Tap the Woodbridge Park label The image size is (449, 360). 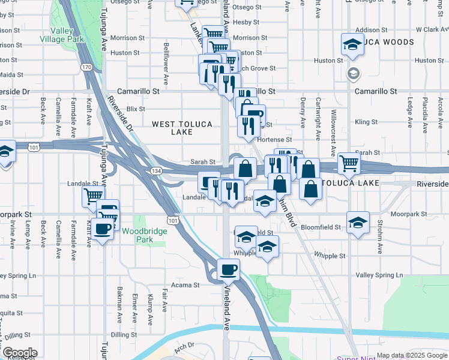tap(137, 235)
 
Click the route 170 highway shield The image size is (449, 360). tap(87, 67)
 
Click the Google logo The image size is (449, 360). tap(19, 353)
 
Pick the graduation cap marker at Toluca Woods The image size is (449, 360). tap(352, 43)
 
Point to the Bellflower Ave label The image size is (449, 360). tap(166, 64)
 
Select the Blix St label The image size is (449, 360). tap(136, 109)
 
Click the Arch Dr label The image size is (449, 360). tap(185, 346)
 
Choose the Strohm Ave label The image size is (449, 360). tap(380, 233)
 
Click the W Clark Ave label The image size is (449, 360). tap(427, 29)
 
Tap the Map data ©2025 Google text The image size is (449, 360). tap(412, 355)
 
